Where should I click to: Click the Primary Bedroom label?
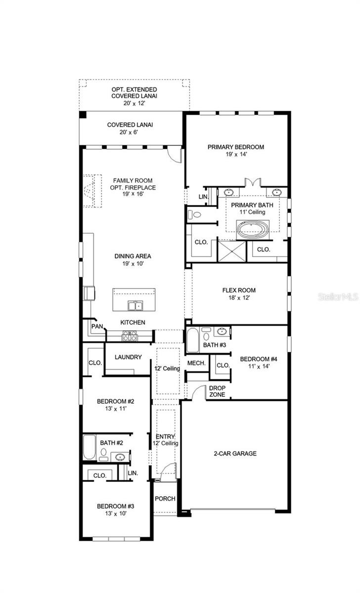click(235, 147)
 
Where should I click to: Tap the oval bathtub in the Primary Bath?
click(252, 228)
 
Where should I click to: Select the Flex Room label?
click(239, 291)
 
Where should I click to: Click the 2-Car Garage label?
click(235, 453)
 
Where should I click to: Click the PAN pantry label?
click(96, 327)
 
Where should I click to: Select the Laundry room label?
click(128, 357)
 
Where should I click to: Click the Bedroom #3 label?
click(115, 507)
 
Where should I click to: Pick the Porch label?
click(165, 499)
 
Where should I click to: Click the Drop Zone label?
click(217, 391)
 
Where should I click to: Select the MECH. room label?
click(196, 363)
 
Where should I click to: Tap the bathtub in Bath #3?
click(192, 340)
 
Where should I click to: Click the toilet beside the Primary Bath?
click(195, 215)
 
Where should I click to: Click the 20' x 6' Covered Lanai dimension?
click(130, 133)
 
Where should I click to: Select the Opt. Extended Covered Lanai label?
click(134, 92)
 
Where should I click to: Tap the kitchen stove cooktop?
click(130, 336)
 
